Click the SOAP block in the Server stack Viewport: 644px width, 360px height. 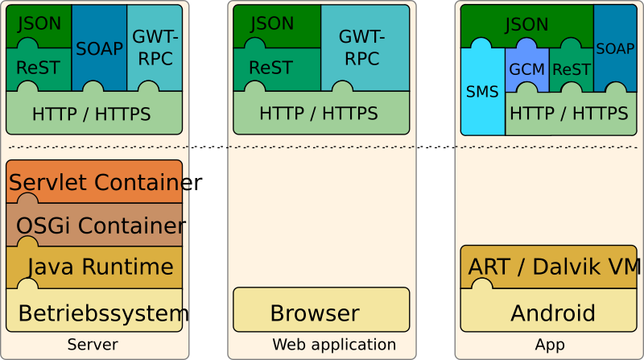pyautogui.click(x=99, y=48)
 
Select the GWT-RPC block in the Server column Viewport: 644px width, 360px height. pyautogui.click(x=155, y=48)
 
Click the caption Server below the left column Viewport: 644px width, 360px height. pyautogui.click(x=93, y=345)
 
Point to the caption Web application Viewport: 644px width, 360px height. pyautogui.click(x=333, y=345)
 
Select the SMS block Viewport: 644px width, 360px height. pyautogui.click(x=482, y=92)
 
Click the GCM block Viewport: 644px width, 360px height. pyautogui.click(x=526, y=69)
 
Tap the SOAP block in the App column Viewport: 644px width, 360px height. pyautogui.click(x=615, y=48)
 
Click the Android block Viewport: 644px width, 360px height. pyautogui.click(x=552, y=312)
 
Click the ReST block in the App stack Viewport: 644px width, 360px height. pyautogui.click(x=571, y=69)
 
